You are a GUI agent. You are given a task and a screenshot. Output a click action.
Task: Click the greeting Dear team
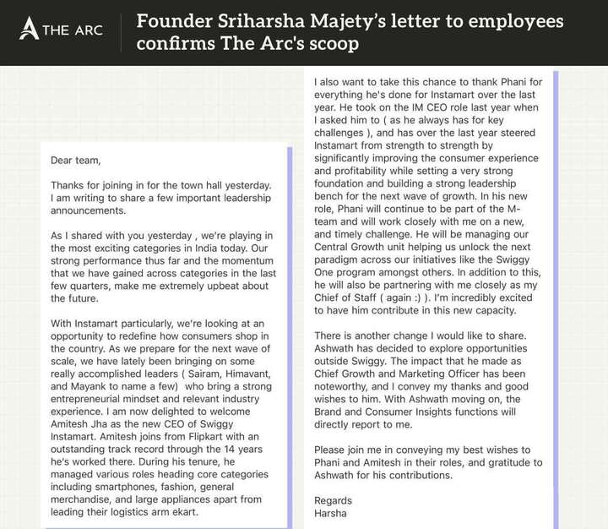pos(75,161)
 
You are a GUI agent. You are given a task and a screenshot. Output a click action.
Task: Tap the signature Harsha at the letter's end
pos(331,515)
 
